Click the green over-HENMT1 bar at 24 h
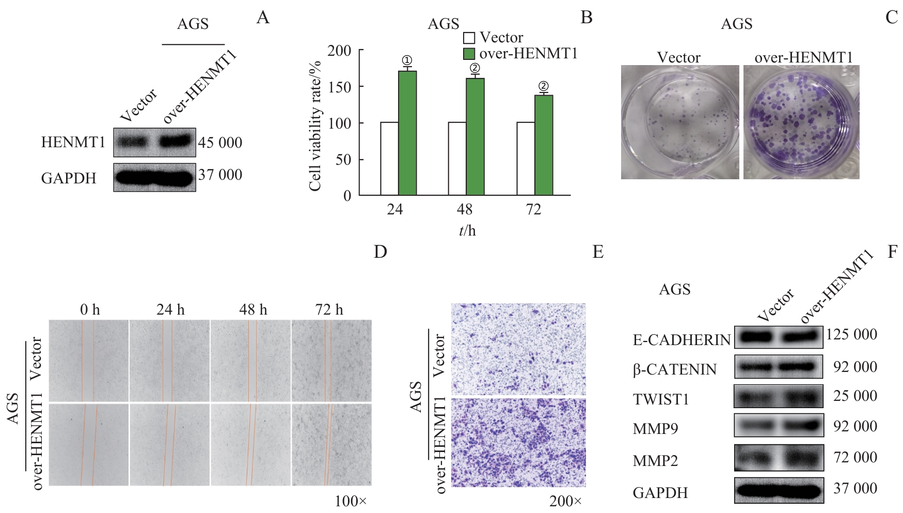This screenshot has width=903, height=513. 407,133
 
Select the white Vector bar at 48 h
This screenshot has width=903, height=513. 457,159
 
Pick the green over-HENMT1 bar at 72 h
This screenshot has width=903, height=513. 544,145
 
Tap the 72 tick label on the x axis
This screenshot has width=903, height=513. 533,209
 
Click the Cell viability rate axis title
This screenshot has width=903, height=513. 315,126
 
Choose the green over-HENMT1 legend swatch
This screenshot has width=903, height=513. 469,54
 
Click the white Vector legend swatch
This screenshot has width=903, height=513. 469,38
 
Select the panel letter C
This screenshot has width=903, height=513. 891,18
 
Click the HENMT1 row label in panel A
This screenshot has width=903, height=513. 73,142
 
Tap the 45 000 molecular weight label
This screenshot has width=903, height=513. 220,143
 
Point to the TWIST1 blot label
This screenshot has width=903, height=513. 661,399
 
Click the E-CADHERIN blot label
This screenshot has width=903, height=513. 682,339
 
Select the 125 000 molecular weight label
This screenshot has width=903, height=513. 852,335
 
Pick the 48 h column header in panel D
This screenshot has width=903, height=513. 253,309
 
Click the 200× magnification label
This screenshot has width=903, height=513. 565,501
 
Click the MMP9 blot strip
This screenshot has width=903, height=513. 779,425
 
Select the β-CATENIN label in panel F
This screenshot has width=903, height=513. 675,369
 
